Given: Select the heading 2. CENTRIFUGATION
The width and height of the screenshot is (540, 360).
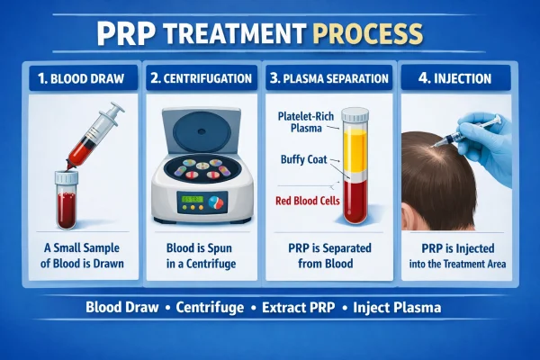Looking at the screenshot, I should [x=201, y=77].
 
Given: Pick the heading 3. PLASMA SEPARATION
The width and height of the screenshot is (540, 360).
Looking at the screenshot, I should [x=328, y=77].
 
